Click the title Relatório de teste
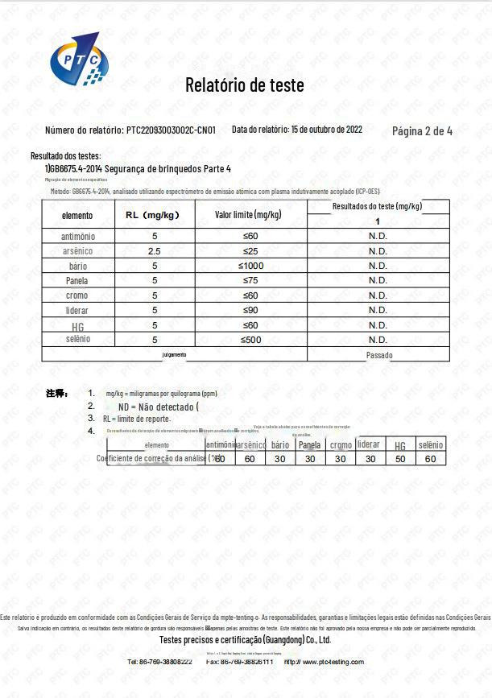click(x=245, y=85)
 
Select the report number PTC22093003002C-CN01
click(x=171, y=130)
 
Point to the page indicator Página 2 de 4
click(x=422, y=131)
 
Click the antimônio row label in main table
click(x=78, y=237)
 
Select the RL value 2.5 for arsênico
click(x=154, y=251)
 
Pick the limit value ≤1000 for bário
click(x=250, y=266)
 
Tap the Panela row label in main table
click(x=77, y=281)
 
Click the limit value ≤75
click(x=250, y=280)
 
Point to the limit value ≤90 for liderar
click(x=250, y=310)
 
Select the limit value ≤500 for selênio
click(x=250, y=339)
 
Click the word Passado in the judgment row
click(x=379, y=355)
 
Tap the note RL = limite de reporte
click(x=136, y=419)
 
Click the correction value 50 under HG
click(x=399, y=458)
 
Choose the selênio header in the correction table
click(x=430, y=445)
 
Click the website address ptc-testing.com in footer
click(x=330, y=662)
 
